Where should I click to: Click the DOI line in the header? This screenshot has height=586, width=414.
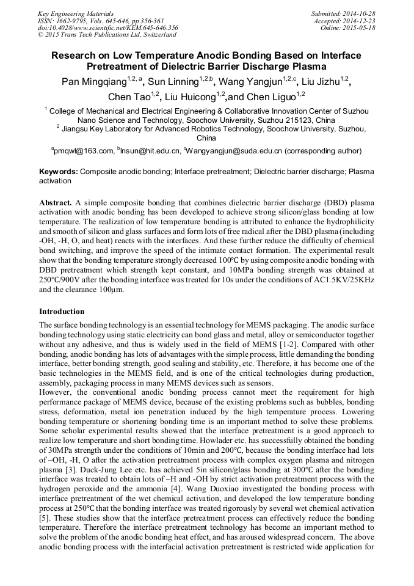pos(108,27)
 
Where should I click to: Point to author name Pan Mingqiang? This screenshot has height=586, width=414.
pos(93,81)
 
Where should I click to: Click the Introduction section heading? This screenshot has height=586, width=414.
pos(62,312)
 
